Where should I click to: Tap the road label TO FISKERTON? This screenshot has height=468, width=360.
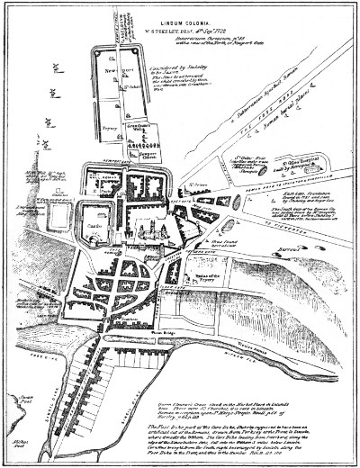coord(305,202)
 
